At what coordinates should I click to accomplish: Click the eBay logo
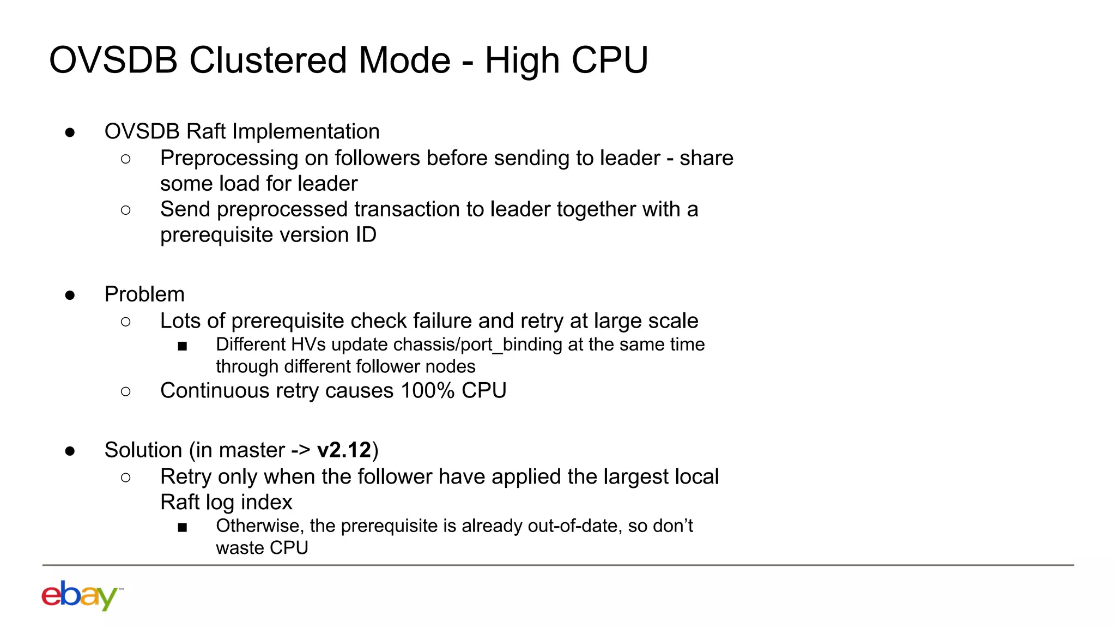tap(80, 595)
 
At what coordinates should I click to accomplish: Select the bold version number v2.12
tap(344, 450)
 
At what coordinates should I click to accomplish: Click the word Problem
tap(144, 294)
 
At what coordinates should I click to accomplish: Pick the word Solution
tap(143, 450)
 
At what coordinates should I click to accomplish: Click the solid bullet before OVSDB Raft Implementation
tap(70, 132)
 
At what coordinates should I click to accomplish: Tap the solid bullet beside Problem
tap(70, 295)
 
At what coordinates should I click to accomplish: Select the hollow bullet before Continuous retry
tap(126, 391)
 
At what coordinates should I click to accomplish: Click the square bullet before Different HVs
tap(183, 346)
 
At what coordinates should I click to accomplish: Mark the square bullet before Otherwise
tap(183, 527)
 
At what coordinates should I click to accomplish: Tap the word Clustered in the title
tap(268, 60)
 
